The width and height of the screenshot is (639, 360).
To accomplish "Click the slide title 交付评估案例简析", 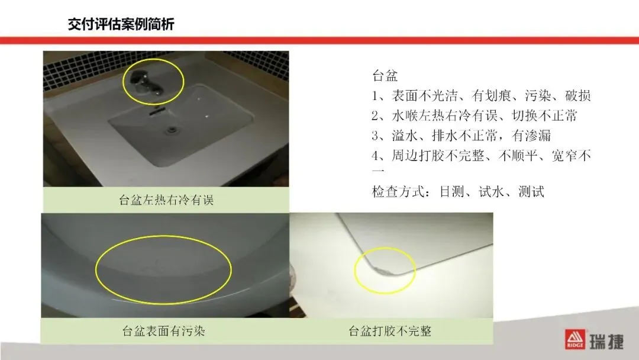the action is [x=121, y=24].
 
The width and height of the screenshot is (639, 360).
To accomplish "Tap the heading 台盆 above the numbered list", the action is [x=385, y=76].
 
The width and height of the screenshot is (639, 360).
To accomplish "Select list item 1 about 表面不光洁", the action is [x=481, y=96].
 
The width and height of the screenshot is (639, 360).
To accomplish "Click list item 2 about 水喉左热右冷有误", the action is [x=475, y=116].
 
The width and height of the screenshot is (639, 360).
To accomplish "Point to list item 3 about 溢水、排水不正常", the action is [x=461, y=136].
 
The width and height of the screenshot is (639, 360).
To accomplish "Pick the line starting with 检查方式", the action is [x=458, y=192].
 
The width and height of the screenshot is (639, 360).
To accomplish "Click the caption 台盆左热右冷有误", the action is [x=166, y=200].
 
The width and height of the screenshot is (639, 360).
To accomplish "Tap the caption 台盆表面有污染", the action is [x=163, y=330].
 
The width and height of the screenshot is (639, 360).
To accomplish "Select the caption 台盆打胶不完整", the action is [x=390, y=330].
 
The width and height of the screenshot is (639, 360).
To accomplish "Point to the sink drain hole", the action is [x=172, y=130].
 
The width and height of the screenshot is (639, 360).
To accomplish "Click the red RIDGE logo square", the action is [x=575, y=339].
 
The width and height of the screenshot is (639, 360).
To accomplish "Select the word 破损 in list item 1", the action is [x=578, y=96].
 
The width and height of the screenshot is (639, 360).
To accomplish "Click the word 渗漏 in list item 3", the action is [x=538, y=136].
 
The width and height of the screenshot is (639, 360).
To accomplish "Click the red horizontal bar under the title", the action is [x=319, y=40].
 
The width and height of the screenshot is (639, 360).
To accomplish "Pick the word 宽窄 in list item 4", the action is [x=564, y=155].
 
